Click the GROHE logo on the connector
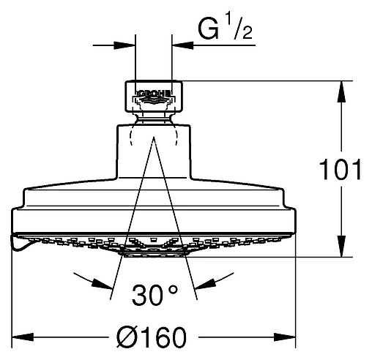[154, 96]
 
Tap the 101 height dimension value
[341, 169]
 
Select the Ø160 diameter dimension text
[152, 337]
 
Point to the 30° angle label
[155, 296]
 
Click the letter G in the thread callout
[208, 29]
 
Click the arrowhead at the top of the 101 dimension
[341, 91]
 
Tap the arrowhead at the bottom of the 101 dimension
[341, 247]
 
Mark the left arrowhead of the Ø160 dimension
[23, 337]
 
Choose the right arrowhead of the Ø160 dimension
[285, 337]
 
